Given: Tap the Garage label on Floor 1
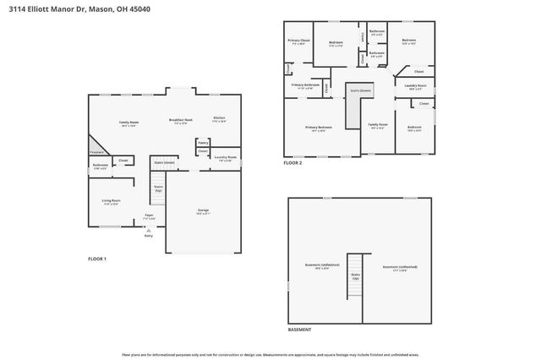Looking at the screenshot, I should pos(203,210).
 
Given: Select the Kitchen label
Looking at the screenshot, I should pos(219,119).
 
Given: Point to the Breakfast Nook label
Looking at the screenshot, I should pos(181,121).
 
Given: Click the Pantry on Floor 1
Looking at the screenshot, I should pos(203,143).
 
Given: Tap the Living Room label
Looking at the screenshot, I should pos(112,201).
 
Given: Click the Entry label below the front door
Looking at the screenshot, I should pos(149,236).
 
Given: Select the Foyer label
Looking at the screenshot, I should pos(149,216).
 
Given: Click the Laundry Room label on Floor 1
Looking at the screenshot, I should pos(224,157).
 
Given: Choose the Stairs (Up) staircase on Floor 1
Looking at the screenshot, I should pos(157,192).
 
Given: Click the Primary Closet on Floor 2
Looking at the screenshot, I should pos(299,41).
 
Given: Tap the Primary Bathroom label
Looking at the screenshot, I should pos(305,85).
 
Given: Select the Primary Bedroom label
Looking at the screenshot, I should pos(319,128).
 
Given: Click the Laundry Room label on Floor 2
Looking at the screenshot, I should pos(415,85).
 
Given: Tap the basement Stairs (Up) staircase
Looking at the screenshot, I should pos(355,284).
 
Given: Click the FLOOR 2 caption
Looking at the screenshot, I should pos(293,163).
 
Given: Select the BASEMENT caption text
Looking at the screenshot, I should pos(299,330).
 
